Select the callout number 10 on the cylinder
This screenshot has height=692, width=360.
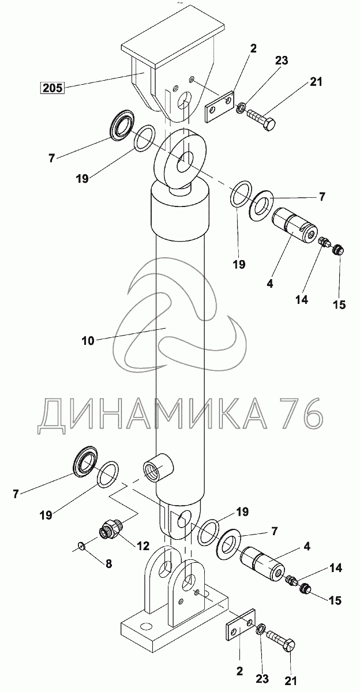tap(88, 340)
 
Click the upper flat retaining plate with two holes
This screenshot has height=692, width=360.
tap(219, 105)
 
